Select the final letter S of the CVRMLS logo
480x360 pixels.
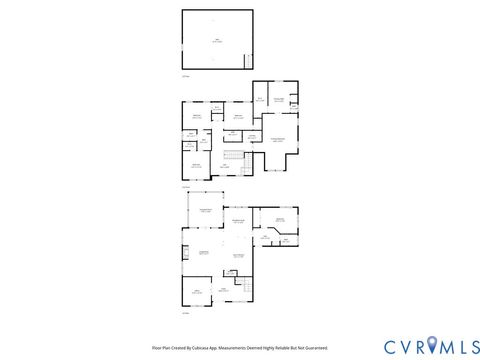(468, 346)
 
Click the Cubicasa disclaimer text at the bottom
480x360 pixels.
(240, 348)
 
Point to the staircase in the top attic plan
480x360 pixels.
(248, 60)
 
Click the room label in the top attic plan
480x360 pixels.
(217, 40)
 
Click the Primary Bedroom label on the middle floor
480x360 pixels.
(277, 139)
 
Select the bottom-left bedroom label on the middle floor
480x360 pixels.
(197, 164)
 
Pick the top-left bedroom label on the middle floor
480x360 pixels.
(196, 117)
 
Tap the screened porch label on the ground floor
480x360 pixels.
(205, 210)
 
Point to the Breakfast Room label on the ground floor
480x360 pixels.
(238, 220)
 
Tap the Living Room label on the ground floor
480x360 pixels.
(204, 252)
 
